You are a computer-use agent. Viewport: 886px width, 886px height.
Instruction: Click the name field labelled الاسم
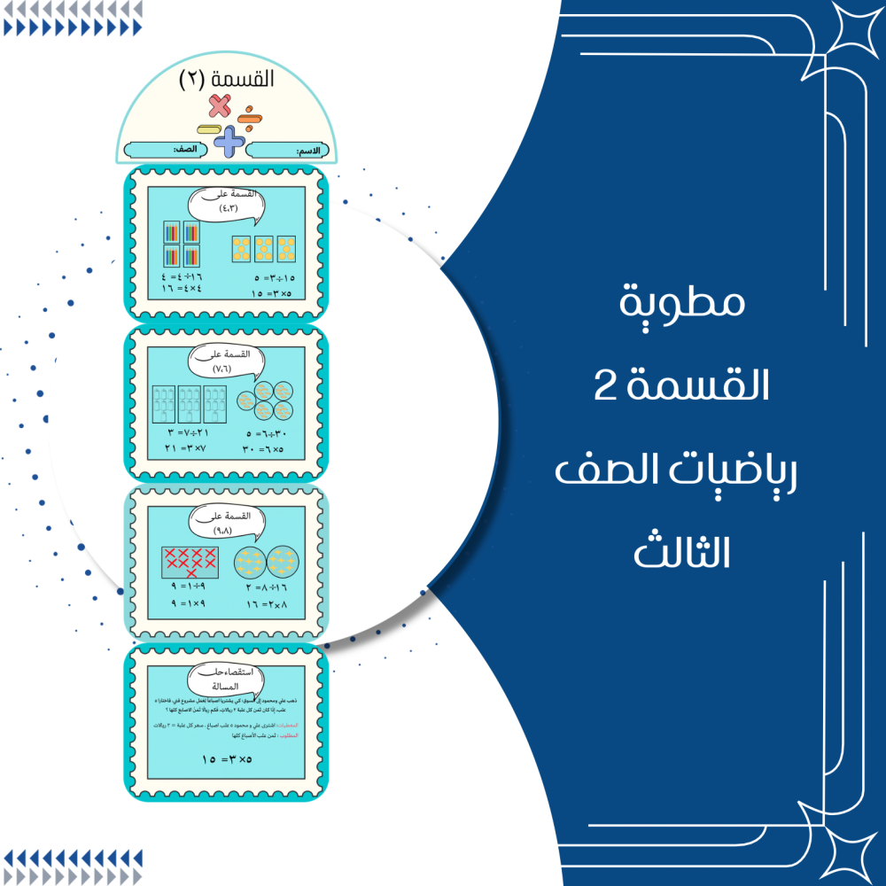click(288, 151)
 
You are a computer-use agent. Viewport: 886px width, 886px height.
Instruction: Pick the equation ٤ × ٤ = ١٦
click(182, 290)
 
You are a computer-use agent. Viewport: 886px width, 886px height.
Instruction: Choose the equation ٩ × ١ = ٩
click(186, 604)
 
